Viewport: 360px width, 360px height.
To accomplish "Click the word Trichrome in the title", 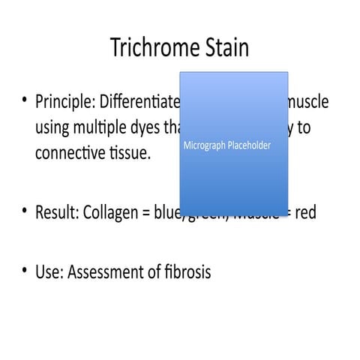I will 154,48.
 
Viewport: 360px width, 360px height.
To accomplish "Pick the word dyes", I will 143,127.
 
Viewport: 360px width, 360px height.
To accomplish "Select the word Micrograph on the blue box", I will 205,145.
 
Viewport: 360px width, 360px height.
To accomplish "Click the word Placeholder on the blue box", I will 250,145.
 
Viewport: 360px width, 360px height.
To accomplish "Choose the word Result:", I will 57,212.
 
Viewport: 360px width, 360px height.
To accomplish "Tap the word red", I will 305,212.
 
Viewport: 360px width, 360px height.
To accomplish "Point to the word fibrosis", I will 186,271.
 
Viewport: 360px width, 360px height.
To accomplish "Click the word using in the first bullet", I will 52,128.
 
